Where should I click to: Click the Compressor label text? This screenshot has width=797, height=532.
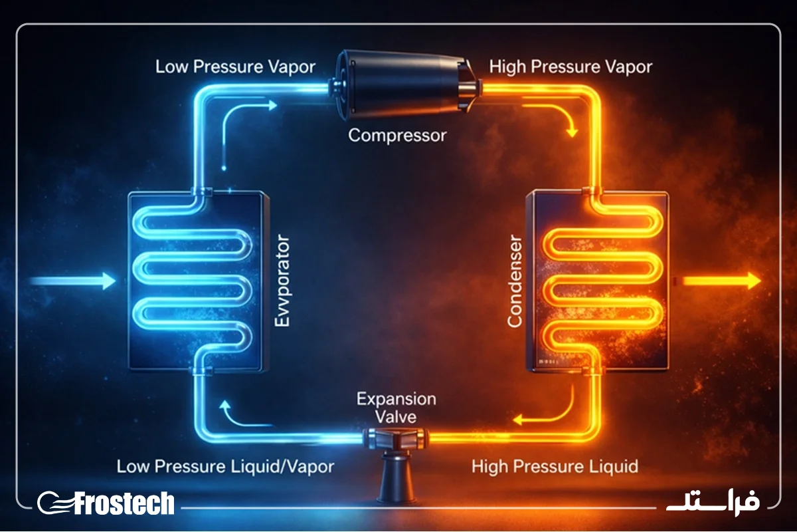[x=397, y=136]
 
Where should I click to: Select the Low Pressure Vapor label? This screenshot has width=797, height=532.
[x=236, y=67]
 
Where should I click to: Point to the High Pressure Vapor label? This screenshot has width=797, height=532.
[x=571, y=67]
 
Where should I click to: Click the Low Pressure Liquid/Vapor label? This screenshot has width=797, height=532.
[x=226, y=466]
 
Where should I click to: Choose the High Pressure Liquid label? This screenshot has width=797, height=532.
[x=555, y=466]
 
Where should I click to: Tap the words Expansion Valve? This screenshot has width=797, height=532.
[x=397, y=408]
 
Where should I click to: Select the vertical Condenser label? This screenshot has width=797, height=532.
[x=515, y=281]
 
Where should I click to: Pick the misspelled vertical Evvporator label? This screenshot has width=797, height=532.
[x=282, y=281]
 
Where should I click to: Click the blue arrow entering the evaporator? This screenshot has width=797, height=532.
[x=73, y=281]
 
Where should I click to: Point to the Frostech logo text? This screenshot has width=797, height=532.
[x=125, y=503]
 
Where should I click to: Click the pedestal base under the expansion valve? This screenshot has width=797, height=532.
[x=397, y=477]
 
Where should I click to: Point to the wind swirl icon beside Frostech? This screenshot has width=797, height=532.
[x=55, y=503]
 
